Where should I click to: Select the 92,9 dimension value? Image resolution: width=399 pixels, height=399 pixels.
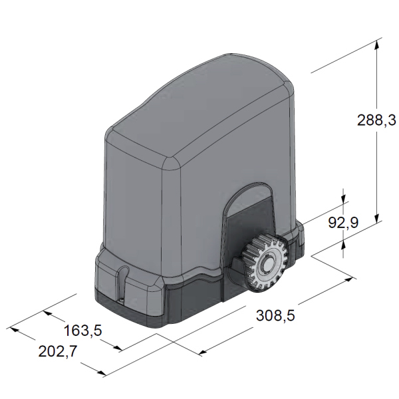343,222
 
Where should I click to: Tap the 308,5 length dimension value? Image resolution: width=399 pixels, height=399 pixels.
275,315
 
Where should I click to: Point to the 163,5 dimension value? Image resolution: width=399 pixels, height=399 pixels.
82,331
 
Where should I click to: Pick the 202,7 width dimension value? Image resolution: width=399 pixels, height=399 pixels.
57,352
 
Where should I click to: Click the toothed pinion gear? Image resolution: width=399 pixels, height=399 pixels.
264,263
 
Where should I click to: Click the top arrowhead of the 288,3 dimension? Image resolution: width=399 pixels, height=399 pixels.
377,45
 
